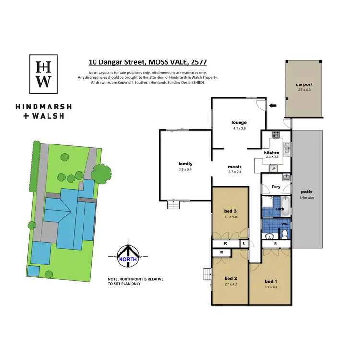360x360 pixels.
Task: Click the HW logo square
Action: [x=45, y=74]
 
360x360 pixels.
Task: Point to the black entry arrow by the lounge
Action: [x=273, y=105]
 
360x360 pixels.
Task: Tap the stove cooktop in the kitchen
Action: [x=276, y=134]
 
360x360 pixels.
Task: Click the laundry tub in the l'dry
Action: [x=284, y=177]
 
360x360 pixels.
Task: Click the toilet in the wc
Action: [x=284, y=234]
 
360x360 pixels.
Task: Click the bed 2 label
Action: [x=231, y=279]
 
